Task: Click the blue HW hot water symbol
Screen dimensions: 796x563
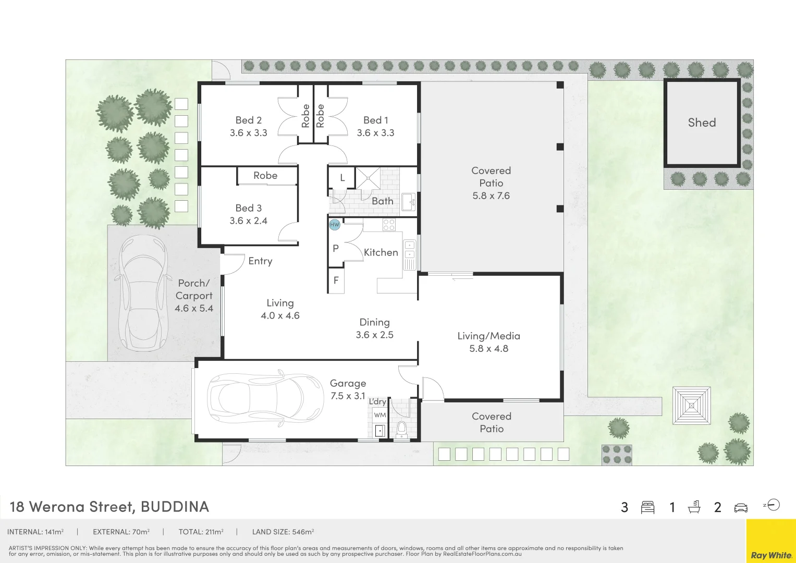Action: click(x=334, y=225)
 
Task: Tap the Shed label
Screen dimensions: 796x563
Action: click(x=702, y=123)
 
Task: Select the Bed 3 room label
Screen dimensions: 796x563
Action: click(x=249, y=208)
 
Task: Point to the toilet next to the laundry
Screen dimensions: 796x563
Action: click(x=401, y=429)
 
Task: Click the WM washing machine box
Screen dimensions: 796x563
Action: click(x=379, y=415)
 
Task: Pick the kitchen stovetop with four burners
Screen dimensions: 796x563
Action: click(x=389, y=225)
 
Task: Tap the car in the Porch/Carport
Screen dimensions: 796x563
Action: click(x=143, y=293)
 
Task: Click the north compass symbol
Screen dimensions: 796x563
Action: click(x=771, y=505)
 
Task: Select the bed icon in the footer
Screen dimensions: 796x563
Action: click(x=647, y=507)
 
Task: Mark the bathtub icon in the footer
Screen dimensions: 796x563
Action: click(x=694, y=507)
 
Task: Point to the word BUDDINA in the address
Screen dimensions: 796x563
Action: click(x=175, y=507)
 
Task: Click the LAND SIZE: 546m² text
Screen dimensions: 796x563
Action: click(x=283, y=532)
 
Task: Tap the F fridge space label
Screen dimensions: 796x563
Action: click(x=336, y=280)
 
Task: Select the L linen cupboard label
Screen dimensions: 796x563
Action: click(x=342, y=178)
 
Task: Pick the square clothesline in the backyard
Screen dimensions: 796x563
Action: click(x=691, y=406)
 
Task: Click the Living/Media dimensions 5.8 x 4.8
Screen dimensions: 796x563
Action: click(x=488, y=348)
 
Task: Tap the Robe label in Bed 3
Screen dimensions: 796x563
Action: click(x=265, y=175)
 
